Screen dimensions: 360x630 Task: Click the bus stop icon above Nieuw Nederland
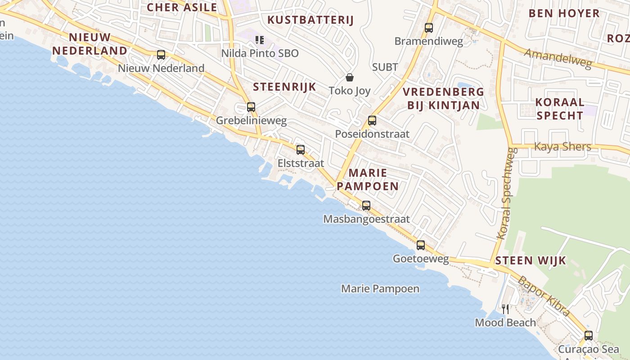[161, 55]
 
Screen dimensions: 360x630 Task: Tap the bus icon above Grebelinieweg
[251, 107]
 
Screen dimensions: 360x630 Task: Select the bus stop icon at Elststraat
[300, 150]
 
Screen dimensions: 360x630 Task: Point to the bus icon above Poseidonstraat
[372, 121]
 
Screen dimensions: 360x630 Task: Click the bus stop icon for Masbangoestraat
[366, 206]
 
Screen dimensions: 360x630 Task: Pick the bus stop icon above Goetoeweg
[421, 245]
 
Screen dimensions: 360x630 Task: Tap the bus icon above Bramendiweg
[428, 28]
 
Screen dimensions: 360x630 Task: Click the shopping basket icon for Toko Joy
[350, 77]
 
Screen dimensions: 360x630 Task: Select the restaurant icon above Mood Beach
[505, 309]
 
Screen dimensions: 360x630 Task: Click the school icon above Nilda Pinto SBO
[259, 40]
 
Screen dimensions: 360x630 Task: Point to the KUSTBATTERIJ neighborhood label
[310, 20]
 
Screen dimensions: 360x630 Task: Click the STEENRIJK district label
[284, 87]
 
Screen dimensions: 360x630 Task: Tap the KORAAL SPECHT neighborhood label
[560, 108]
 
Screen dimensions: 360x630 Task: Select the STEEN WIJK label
[531, 261]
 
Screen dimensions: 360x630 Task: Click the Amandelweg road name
[558, 58]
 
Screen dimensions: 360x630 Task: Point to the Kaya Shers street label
[562, 147]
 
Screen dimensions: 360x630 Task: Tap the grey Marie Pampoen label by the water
[380, 288]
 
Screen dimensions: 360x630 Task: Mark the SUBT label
[385, 67]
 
